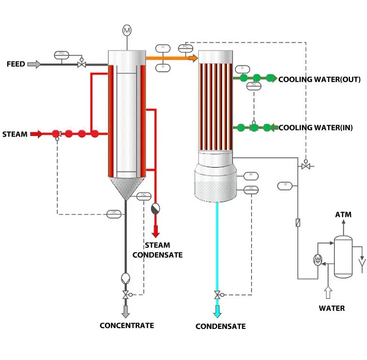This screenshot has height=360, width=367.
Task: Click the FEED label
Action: [x=16, y=64]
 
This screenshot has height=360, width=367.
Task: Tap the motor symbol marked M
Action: [x=127, y=31]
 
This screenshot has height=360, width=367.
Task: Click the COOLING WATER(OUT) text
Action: [x=322, y=79]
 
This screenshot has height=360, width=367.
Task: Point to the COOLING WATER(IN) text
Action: [x=322, y=128]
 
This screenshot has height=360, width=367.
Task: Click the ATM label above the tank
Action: [x=343, y=214]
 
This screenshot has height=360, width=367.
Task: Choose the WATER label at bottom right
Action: [x=332, y=308]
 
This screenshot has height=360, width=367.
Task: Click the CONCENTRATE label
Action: [x=127, y=326]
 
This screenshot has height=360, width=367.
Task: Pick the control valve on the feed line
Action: [x=82, y=65]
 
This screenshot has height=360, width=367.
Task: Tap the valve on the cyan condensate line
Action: [x=217, y=295]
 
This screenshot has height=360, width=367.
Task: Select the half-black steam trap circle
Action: [x=155, y=209]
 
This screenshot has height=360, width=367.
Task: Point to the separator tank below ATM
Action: [x=343, y=257]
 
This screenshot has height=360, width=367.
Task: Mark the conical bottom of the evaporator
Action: [x=126, y=188]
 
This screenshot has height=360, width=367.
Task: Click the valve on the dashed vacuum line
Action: [x=306, y=166]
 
